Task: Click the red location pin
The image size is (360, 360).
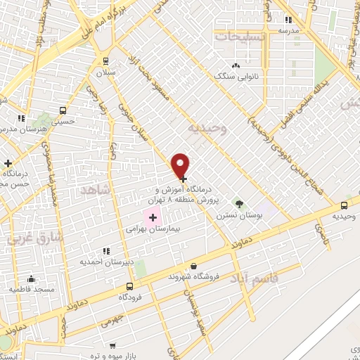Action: click(181, 165)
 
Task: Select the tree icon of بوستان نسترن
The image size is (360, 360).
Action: click(239, 204)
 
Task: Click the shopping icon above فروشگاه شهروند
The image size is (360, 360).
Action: click(193, 266)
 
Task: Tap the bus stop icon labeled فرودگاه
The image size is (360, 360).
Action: click(129, 287)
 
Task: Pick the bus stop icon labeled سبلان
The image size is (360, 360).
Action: click(105, 61)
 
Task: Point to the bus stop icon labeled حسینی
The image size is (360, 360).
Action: click(63, 110)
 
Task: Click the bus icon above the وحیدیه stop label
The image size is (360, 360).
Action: click(344, 205)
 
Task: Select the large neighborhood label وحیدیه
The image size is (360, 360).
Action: click(208, 129)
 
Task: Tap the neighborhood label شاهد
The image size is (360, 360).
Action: click(96, 190)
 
